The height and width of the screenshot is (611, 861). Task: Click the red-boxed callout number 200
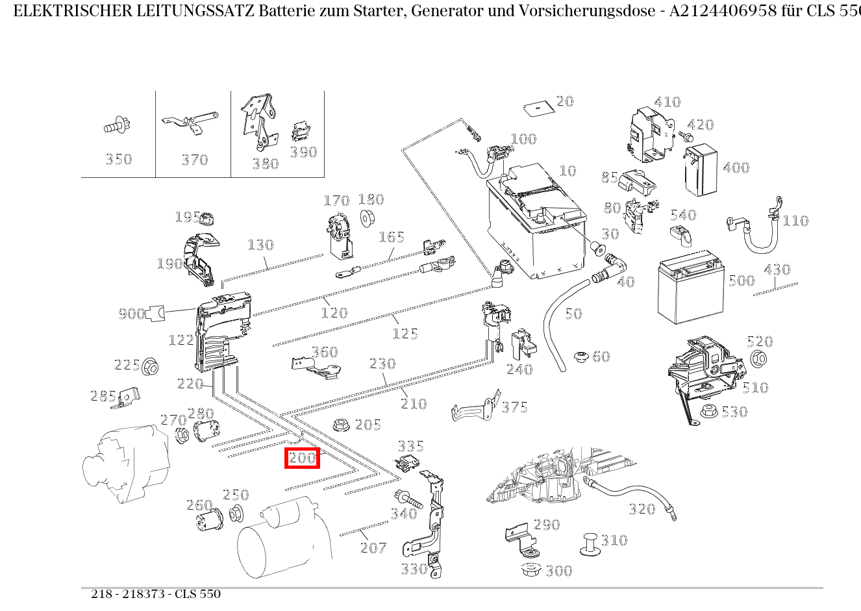[x=303, y=458]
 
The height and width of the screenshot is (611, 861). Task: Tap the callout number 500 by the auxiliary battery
[x=741, y=281]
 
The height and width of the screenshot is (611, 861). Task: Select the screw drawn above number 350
[x=118, y=126]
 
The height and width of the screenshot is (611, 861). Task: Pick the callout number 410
[x=667, y=102]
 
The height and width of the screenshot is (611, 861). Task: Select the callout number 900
[x=131, y=314]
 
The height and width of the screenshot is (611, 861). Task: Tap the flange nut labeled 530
[x=709, y=411]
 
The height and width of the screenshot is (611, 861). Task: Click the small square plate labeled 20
[x=536, y=108]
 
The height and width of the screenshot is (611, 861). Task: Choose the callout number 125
[x=405, y=333]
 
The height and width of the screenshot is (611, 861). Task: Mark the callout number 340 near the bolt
[x=403, y=514]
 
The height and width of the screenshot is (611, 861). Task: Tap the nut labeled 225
[x=151, y=366]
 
